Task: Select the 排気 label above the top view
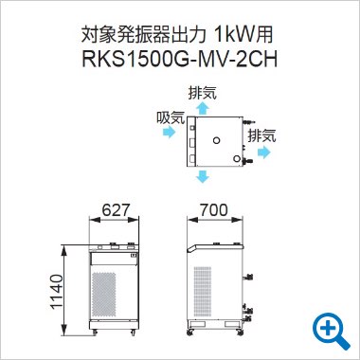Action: (202, 93)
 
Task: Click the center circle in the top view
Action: (217, 140)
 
